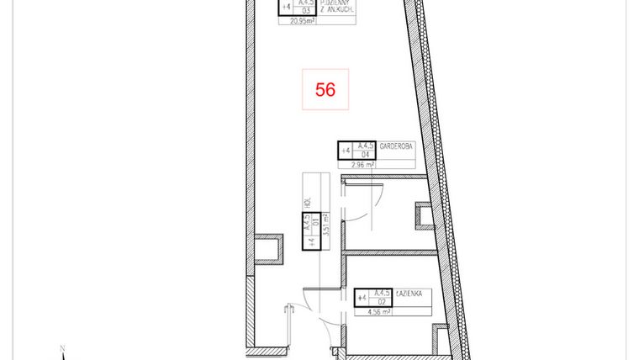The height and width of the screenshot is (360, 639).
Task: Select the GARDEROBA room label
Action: (396, 145)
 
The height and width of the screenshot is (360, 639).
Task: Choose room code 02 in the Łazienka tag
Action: (381, 302)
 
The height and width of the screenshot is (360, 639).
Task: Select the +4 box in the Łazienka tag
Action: (362, 298)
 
